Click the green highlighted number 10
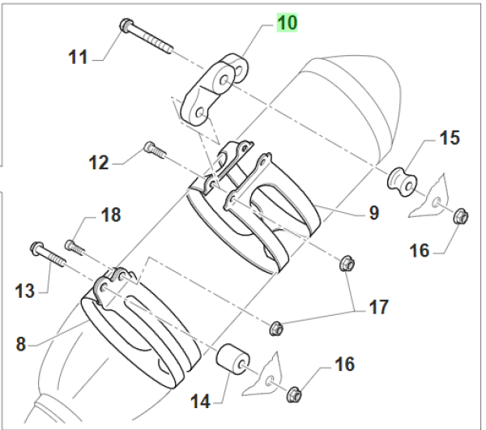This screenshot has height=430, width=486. pyautogui.click(x=287, y=23)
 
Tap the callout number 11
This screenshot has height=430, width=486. pyautogui.click(x=78, y=57)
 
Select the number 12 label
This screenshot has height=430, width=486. pyautogui.click(x=99, y=163)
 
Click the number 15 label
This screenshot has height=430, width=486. pyautogui.click(x=449, y=138)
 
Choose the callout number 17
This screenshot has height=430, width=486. pyautogui.click(x=377, y=308)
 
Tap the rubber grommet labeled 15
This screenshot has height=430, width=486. pyautogui.click(x=400, y=181)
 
